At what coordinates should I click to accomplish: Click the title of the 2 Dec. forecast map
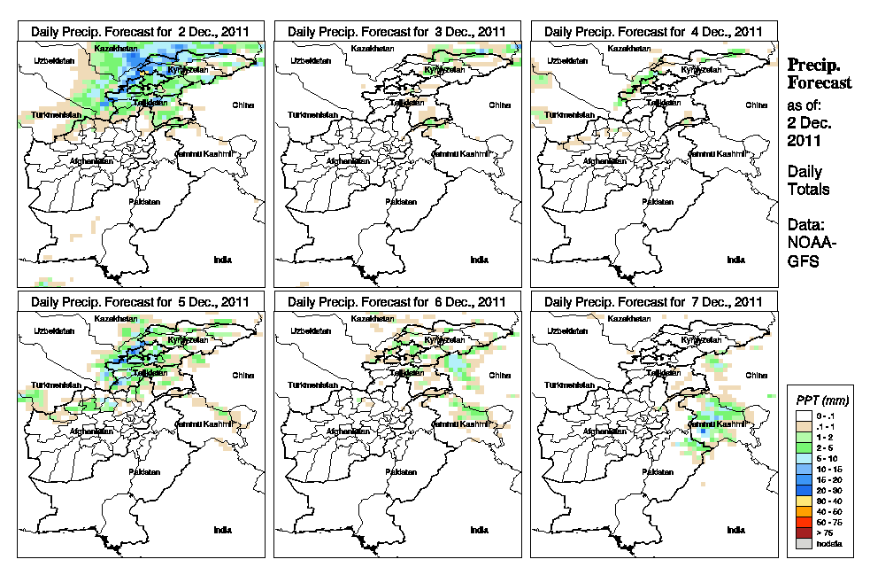tap(142, 31)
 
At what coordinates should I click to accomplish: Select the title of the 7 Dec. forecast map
tap(654, 302)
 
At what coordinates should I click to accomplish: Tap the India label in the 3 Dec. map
tap(479, 260)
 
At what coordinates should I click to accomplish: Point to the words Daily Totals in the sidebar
tap(808, 181)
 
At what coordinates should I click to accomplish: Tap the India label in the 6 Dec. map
tap(479, 530)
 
